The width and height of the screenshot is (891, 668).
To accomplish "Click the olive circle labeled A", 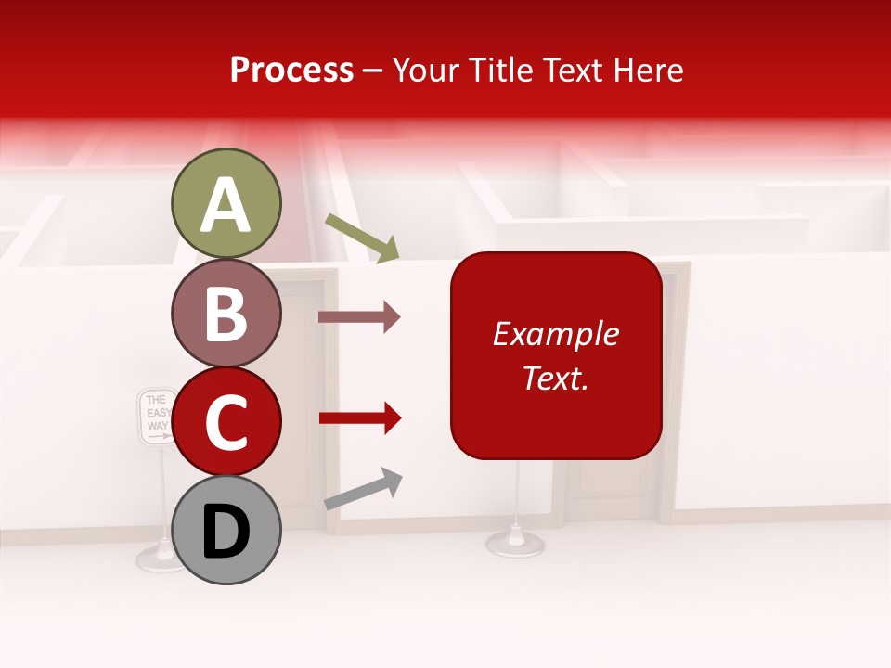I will [226, 203].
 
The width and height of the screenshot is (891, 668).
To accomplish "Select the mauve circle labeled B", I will [226, 313].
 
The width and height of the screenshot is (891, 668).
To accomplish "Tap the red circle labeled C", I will [226, 421].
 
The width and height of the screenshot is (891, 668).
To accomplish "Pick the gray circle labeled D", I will [226, 530].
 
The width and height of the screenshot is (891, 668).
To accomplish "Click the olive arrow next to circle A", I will [362, 237].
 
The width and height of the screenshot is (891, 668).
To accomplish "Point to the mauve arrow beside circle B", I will [359, 317].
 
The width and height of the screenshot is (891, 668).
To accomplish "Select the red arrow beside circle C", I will [359, 418].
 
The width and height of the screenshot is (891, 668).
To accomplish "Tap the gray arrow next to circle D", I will [363, 489].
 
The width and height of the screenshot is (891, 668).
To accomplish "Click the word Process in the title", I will [291, 70].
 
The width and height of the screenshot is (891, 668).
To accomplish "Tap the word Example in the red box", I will [556, 334].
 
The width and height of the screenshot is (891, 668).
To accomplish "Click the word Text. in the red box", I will [556, 378].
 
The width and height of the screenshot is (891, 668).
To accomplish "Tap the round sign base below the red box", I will [516, 542].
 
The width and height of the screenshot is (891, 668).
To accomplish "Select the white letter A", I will [226, 205].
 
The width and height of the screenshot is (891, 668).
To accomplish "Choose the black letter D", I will [226, 533].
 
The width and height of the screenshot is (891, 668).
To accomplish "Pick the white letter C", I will [226, 423].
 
